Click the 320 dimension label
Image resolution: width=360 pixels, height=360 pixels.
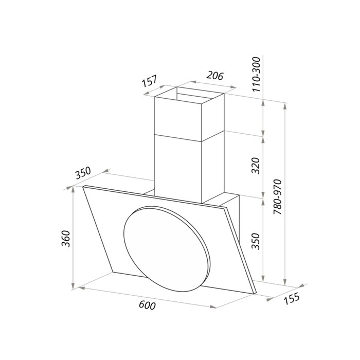(x=257, y=166)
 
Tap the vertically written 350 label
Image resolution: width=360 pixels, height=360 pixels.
(x=257, y=241)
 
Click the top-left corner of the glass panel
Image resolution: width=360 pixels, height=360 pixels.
(x=84, y=187)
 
